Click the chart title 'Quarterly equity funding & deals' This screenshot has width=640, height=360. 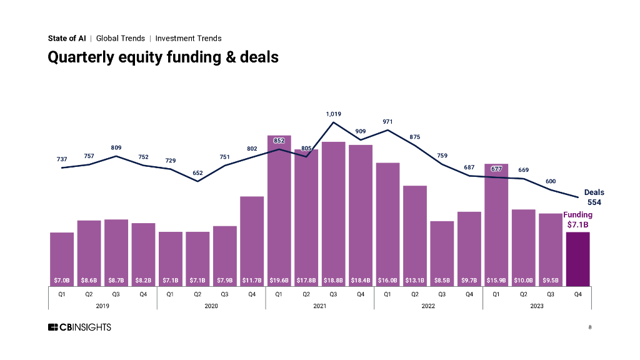(163, 57)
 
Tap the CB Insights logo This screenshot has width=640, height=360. (79, 327)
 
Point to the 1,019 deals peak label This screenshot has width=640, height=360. (333, 114)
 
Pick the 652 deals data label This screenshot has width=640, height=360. (197, 172)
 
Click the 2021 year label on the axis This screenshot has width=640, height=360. (319, 306)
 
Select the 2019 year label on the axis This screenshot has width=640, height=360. (102, 306)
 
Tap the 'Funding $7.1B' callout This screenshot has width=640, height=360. (577, 219)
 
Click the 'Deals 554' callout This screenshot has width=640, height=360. (594, 197)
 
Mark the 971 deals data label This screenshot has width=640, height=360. (387, 121)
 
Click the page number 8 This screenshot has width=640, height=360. (589, 327)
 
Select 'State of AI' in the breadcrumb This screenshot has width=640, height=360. (67, 38)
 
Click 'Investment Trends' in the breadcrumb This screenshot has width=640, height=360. (188, 38)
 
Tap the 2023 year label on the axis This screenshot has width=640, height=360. (536, 306)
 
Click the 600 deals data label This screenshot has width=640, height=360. (551, 181)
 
